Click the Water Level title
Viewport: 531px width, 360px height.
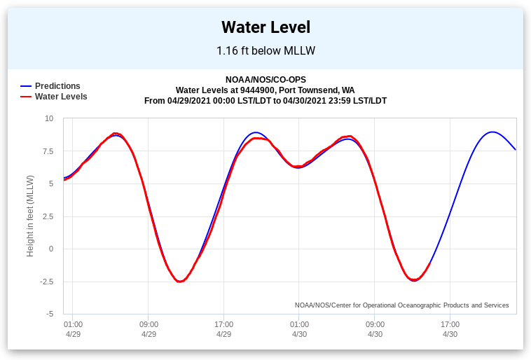click(x=265, y=27)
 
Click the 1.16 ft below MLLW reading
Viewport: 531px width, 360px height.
click(x=265, y=50)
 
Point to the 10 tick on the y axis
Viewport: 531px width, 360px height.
click(x=49, y=118)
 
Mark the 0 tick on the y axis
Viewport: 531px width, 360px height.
click(x=50, y=249)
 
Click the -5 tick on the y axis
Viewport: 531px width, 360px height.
click(x=49, y=314)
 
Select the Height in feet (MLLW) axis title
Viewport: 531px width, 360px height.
click(x=31, y=216)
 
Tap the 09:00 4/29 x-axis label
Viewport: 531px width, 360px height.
click(x=149, y=329)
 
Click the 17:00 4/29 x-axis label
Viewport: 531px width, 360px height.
click(x=223, y=329)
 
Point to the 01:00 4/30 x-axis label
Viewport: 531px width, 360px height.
click(x=299, y=329)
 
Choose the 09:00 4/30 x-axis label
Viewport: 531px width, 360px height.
click(x=375, y=329)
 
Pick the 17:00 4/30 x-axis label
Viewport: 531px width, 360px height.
click(x=450, y=329)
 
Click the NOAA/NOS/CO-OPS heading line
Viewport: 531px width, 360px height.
click(x=265, y=80)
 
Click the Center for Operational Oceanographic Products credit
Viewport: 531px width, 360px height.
click(x=401, y=305)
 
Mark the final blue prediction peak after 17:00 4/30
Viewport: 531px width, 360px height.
click(x=492, y=132)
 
